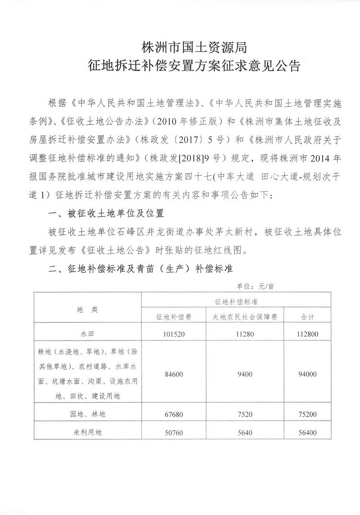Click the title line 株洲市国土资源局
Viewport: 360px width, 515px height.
pyautogui.click(x=193, y=47)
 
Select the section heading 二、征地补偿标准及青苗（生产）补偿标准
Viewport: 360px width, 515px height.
pyautogui.click(x=140, y=269)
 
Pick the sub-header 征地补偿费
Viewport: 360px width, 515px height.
pyautogui.click(x=174, y=317)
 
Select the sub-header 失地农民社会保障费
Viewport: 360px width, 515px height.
pyautogui.click(x=245, y=317)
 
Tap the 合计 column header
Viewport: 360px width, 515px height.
pyautogui.click(x=307, y=317)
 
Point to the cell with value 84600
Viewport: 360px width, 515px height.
pyautogui.click(x=174, y=373)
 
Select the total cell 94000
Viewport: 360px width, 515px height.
pyautogui.click(x=307, y=373)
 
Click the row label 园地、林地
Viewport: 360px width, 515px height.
pyautogui.click(x=87, y=412)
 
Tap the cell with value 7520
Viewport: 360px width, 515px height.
pyautogui.click(x=245, y=412)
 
